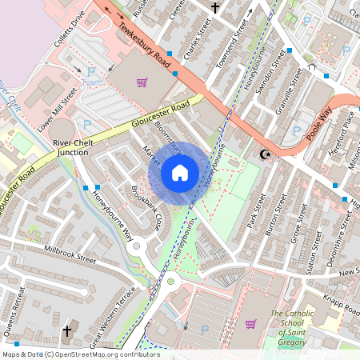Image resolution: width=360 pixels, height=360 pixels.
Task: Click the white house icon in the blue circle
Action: pyautogui.click(x=180, y=172)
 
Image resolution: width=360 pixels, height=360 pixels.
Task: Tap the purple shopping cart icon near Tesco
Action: pyautogui.click(x=142, y=82)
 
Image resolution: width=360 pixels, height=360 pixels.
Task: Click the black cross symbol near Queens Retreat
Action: pyautogui.click(x=67, y=330)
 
